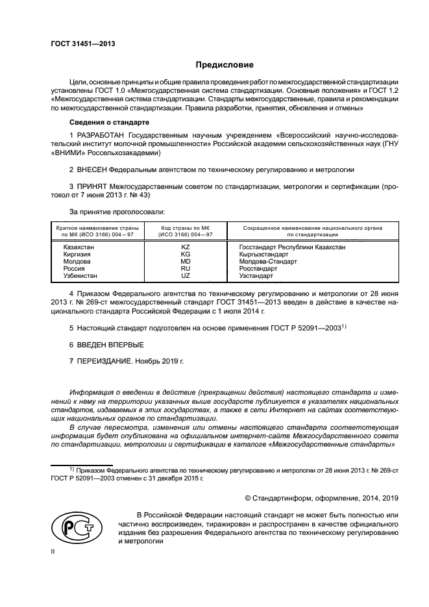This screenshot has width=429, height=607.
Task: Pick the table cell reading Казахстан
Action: [x=78, y=247]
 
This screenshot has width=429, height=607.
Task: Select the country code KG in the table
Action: [x=185, y=254]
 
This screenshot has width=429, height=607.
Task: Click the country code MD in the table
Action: [x=185, y=262]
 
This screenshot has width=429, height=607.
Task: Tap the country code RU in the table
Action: [x=185, y=269]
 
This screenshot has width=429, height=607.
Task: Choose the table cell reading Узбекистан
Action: [x=80, y=276]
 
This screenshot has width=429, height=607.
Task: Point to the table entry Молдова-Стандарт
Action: [x=267, y=262]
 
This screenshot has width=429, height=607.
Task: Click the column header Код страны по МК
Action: [x=185, y=229]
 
